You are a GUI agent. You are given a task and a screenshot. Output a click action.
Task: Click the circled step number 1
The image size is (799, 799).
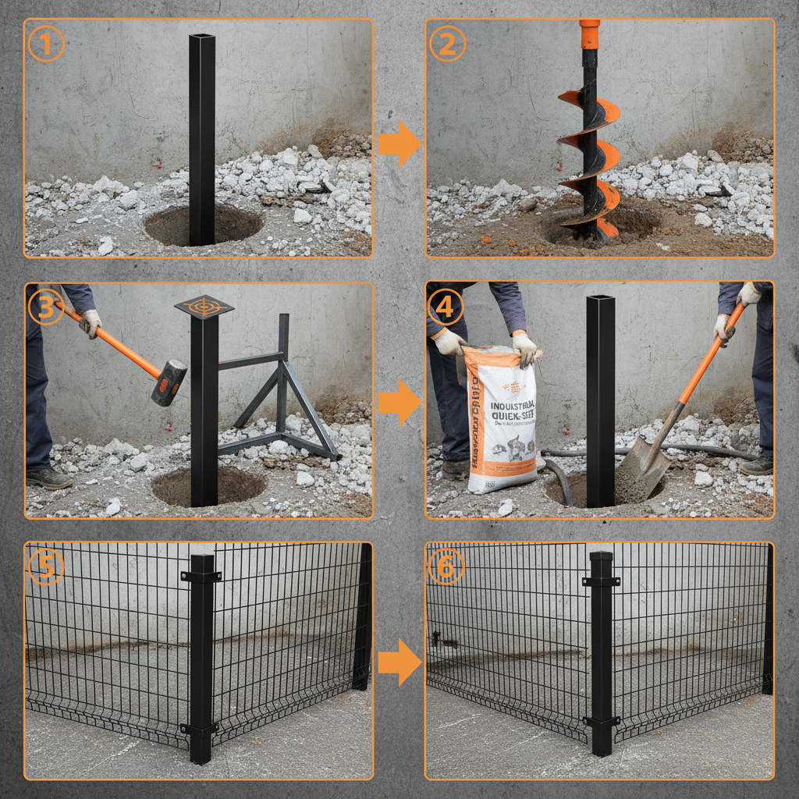click(x=44, y=44)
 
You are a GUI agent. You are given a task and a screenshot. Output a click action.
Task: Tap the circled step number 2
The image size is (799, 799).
click(x=446, y=44)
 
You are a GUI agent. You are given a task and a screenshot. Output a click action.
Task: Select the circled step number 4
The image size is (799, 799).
click(x=445, y=307)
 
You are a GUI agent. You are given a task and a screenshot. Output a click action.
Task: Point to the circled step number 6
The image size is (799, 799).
click(x=446, y=567)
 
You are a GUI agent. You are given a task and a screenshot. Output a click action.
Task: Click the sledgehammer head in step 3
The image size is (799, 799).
click(x=169, y=382)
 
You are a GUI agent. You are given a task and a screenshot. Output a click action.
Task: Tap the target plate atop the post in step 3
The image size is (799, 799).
click(x=204, y=306)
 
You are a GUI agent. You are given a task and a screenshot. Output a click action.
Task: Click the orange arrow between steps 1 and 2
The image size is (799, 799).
click(x=399, y=144)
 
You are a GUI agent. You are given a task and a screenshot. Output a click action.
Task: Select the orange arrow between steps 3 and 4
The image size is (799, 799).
click(x=399, y=403)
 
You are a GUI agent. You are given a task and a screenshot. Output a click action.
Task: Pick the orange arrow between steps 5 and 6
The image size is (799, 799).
click(x=399, y=662)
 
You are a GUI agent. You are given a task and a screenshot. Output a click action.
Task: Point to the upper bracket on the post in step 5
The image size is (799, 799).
click(x=201, y=576)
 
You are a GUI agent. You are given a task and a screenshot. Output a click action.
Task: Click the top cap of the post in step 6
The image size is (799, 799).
click(x=601, y=556)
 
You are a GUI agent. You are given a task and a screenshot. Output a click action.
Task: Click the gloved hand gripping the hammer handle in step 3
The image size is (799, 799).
click(x=91, y=322)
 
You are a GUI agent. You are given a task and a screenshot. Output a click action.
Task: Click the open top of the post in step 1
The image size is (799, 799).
click(x=202, y=36)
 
